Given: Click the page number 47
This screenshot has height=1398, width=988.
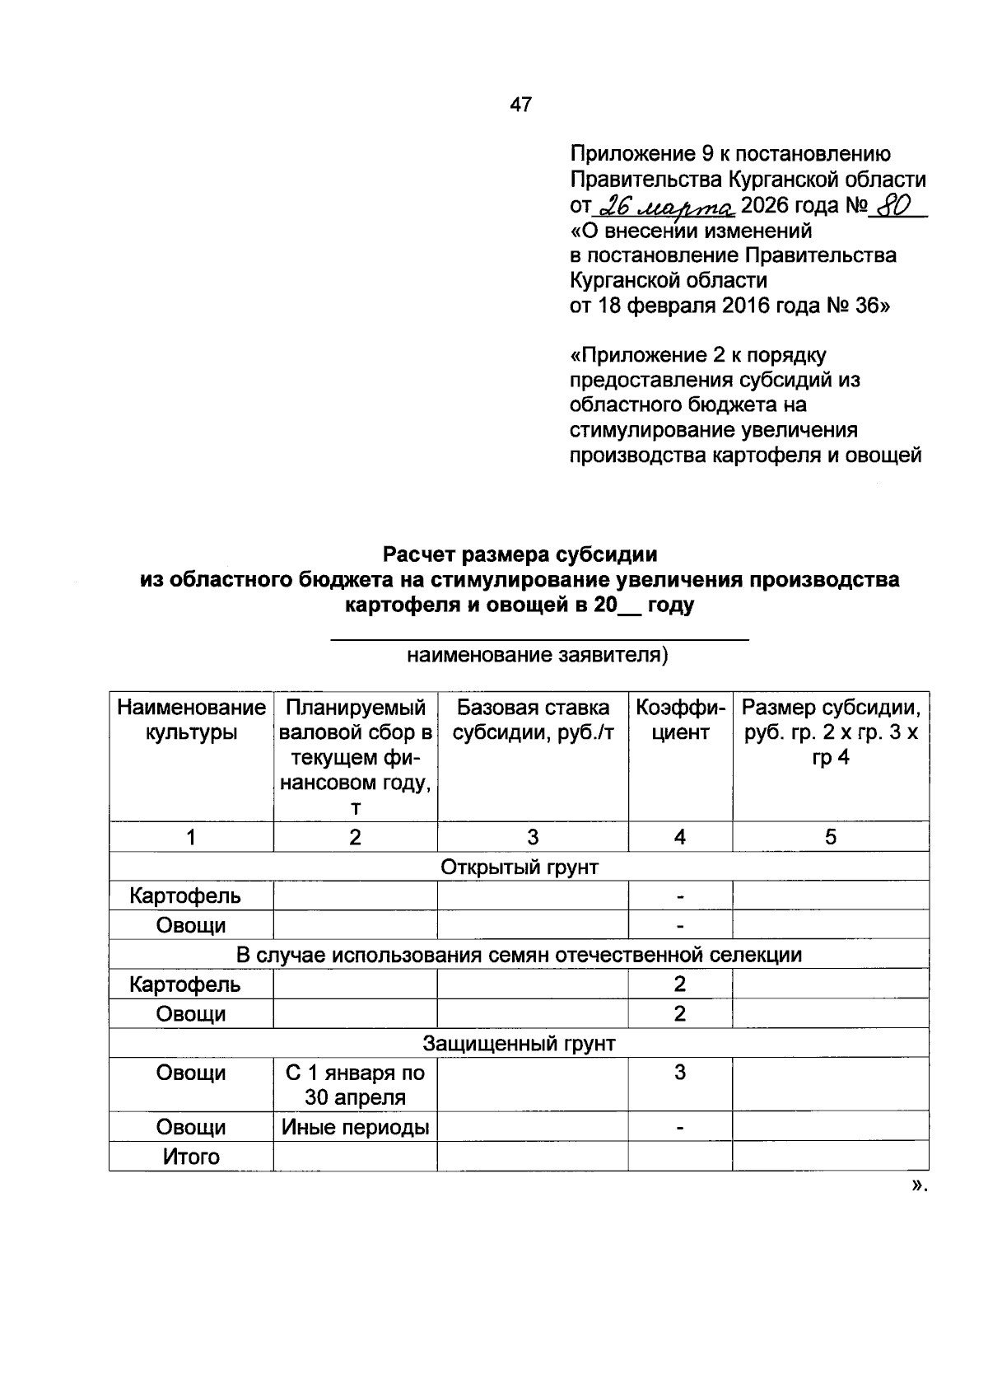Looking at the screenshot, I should click(x=521, y=105).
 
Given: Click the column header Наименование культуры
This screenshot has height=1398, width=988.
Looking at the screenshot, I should click(x=191, y=720).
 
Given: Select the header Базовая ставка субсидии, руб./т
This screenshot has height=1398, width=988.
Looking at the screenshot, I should click(x=533, y=720).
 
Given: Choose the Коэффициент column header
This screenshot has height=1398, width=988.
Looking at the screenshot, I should click(x=680, y=720).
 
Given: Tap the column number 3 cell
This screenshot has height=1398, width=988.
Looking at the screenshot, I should click(x=533, y=837).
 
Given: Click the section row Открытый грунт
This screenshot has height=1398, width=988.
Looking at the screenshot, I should click(x=519, y=867).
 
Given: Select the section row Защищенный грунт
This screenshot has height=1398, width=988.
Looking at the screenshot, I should click(x=519, y=1044).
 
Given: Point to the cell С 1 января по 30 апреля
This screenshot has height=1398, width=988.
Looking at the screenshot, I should click(x=355, y=1085).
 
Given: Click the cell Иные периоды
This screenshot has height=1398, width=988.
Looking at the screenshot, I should click(x=355, y=1127).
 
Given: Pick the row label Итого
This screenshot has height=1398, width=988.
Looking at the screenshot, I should click(x=191, y=1157).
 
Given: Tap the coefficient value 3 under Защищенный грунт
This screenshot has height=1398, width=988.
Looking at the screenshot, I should click(x=680, y=1073).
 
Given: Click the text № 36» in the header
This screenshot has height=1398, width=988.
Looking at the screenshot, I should click(x=859, y=306).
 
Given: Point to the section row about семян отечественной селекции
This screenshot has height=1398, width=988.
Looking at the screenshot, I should click(x=519, y=955).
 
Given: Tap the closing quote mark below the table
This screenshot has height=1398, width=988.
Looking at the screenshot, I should click(x=919, y=1186).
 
